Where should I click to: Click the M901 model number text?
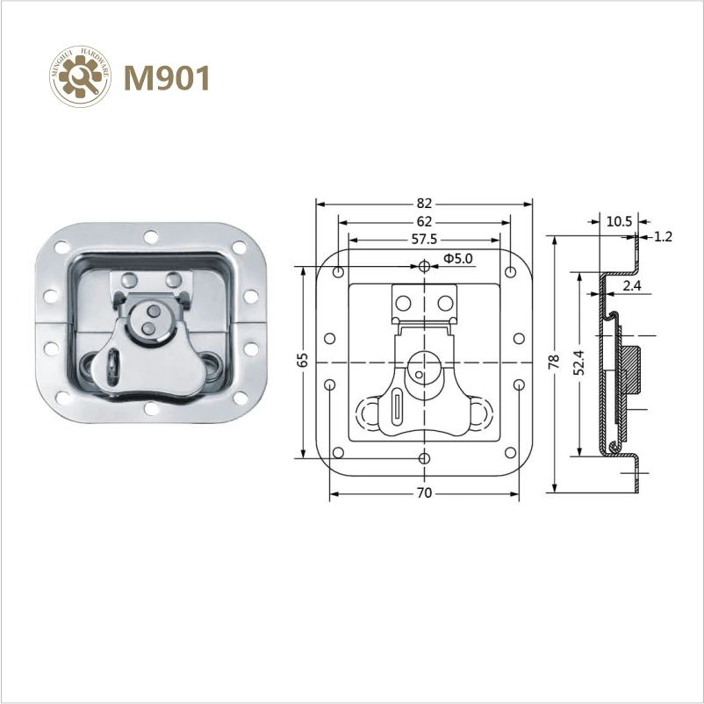coord(167,78)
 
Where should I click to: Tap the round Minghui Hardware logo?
coord(81,78)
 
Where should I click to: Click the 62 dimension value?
coord(424,221)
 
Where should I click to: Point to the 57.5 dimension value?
coord(424,239)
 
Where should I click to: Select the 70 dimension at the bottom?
coord(424,494)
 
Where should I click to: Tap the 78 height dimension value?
coord(554,363)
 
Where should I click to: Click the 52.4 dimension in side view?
coord(579,363)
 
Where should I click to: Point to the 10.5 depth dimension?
coord(618,221)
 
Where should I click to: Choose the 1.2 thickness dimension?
coord(663,236)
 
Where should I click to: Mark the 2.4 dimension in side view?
coord(632,286)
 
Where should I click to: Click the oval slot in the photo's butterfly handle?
coord(113,366)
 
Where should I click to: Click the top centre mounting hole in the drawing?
coord(425,266)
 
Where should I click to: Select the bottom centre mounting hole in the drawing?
coord(425,458)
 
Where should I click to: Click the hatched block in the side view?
coord(631,367)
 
